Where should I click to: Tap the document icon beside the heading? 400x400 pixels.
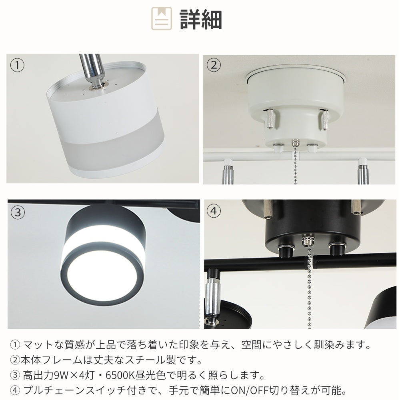(x=161, y=18)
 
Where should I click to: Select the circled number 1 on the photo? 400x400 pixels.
(x=17, y=65)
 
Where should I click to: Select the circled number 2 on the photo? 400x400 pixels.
(x=214, y=65)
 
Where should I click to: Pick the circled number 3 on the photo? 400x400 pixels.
(x=17, y=212)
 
